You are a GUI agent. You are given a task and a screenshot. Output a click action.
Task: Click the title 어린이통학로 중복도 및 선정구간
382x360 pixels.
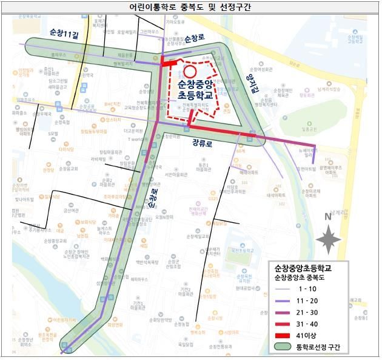pyautogui.click(x=190, y=7)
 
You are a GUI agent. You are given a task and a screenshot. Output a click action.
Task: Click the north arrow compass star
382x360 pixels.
pyautogui.click(x=328, y=239)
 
